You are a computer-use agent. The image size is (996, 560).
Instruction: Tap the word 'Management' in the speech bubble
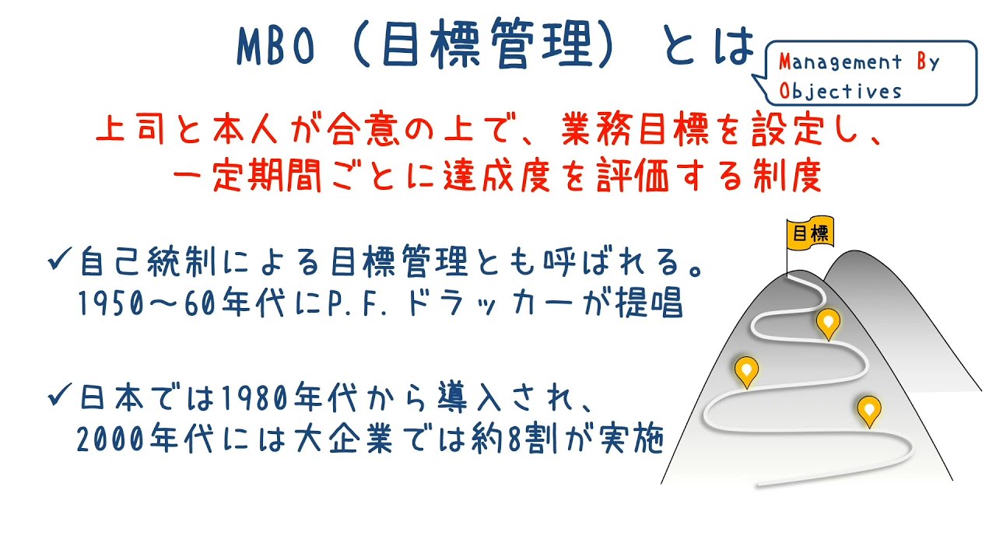(x=841, y=63)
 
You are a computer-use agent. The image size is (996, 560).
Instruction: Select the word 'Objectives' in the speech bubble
(x=840, y=91)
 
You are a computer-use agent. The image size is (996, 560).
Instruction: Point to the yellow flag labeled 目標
(x=809, y=234)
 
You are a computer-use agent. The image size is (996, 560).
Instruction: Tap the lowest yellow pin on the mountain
(x=868, y=409)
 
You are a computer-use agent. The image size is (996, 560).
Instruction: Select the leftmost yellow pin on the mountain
(x=747, y=370)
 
